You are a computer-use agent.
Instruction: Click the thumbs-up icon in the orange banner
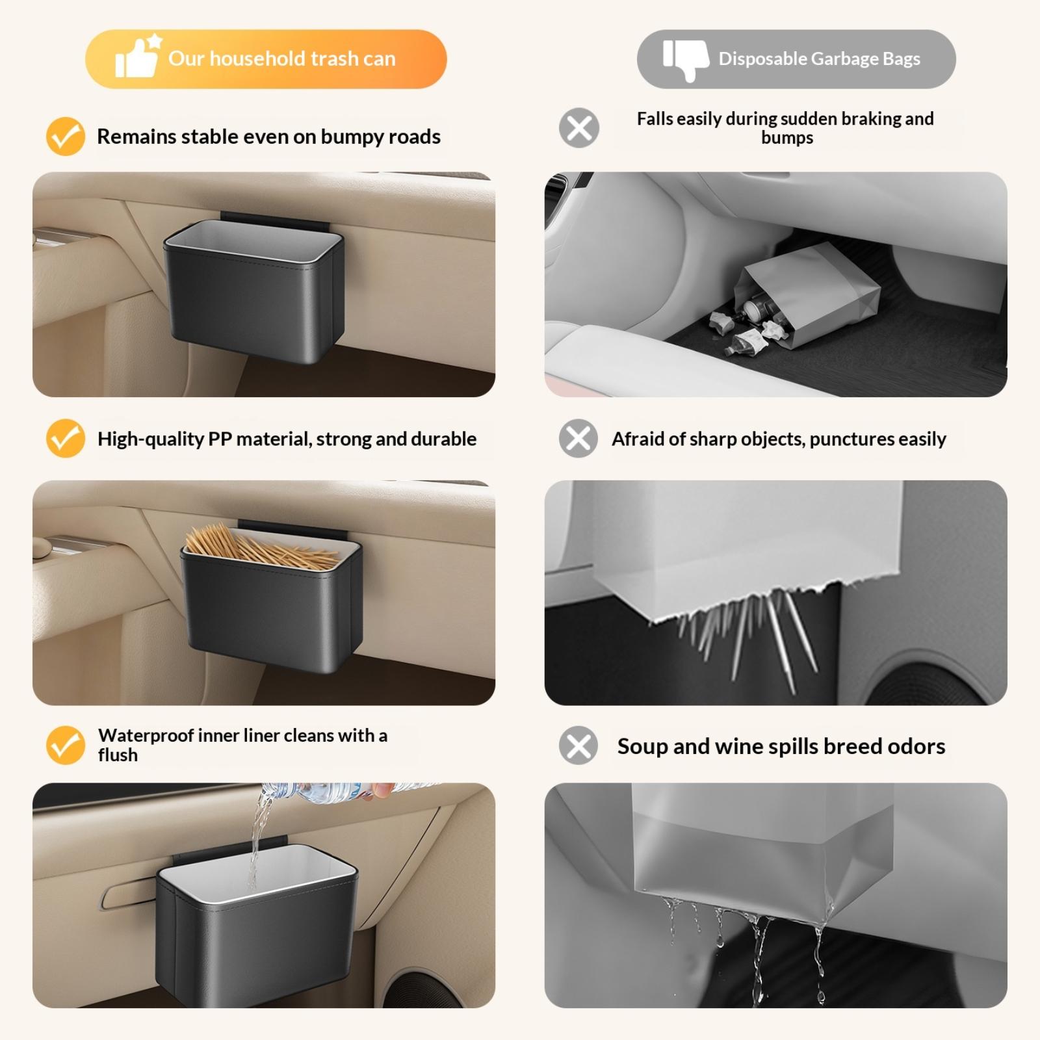(x=137, y=57)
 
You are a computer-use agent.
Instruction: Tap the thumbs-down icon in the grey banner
(x=686, y=59)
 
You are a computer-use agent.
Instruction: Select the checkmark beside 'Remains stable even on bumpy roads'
(x=66, y=136)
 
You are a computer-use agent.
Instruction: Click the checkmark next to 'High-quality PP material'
(x=66, y=438)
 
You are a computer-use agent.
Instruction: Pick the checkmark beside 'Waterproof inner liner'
(x=66, y=745)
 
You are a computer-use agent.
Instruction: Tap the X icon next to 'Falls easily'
(x=578, y=127)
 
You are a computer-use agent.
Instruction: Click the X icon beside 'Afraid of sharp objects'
(x=578, y=438)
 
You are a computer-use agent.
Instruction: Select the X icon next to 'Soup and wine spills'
(x=578, y=745)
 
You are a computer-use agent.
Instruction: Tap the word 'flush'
(x=118, y=755)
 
